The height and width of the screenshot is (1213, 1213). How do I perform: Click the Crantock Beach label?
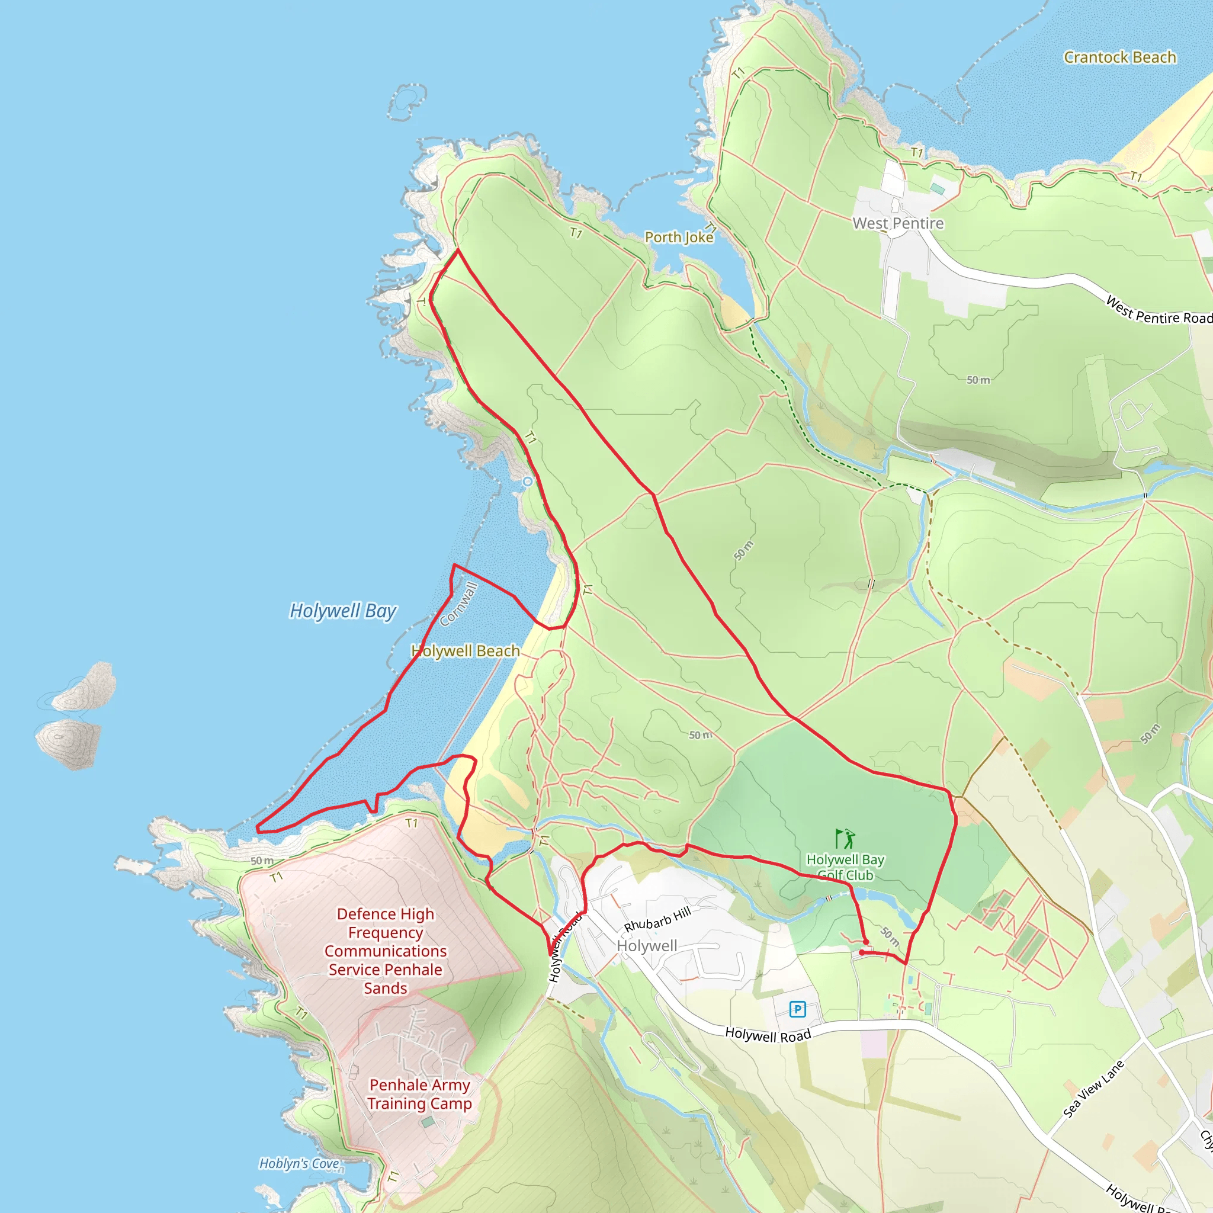click(x=1119, y=57)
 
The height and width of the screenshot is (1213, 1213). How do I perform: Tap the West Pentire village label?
click(x=898, y=223)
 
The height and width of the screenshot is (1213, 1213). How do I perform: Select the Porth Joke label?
click(x=679, y=238)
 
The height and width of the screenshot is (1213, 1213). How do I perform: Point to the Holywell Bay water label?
click(x=343, y=611)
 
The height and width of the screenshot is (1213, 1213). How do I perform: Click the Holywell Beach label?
click(x=465, y=651)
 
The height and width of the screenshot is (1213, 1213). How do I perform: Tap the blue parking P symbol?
click(x=797, y=1009)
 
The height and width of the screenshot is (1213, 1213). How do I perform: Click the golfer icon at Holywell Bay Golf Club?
click(x=845, y=838)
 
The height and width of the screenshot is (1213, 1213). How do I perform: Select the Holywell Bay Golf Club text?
click(x=845, y=867)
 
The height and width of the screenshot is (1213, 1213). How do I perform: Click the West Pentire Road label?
click(x=1159, y=310)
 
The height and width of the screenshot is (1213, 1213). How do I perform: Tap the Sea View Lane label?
click(x=1093, y=1089)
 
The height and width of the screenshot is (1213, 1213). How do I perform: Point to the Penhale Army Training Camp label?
click(x=419, y=1094)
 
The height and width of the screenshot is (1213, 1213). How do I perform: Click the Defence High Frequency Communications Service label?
click(x=386, y=951)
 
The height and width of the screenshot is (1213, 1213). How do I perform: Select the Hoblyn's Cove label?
click(x=300, y=1163)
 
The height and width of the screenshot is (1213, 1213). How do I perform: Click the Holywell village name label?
click(x=647, y=945)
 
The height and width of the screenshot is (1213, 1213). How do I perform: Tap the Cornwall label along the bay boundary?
click(x=459, y=604)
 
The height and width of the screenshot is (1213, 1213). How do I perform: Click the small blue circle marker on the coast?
click(x=527, y=482)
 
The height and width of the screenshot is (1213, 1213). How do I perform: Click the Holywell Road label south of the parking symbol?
click(x=767, y=1035)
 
